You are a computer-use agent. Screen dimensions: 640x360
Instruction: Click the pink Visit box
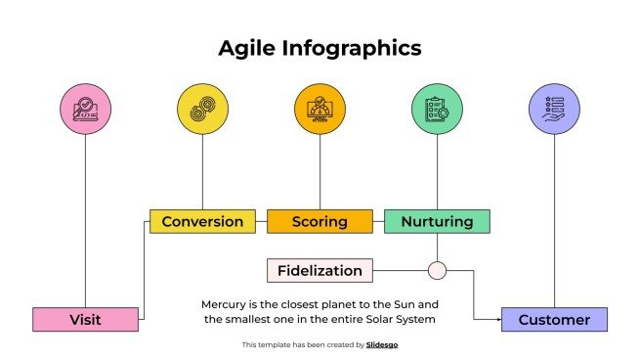[x=85, y=319]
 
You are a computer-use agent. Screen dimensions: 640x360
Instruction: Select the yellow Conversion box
[x=202, y=221]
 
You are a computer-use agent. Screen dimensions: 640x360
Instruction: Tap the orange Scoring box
[x=320, y=221]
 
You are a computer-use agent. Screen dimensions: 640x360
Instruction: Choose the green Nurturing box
[x=437, y=221]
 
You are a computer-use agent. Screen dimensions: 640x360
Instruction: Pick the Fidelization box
[x=319, y=270]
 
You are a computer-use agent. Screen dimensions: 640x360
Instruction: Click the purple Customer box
[x=554, y=319]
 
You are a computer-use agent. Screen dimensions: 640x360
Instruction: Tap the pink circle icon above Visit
[x=85, y=108]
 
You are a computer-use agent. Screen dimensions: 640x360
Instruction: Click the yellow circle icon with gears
[x=202, y=108]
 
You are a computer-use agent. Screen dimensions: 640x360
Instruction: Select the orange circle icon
[x=320, y=108]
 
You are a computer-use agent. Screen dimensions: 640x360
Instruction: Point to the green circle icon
[x=437, y=108]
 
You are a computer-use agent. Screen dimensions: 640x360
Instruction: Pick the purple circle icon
[x=554, y=108]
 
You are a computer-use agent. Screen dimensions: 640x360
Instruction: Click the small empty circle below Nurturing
[x=437, y=270]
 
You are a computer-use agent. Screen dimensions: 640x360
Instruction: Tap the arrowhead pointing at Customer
[x=497, y=319]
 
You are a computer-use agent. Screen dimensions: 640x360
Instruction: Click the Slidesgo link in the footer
[x=382, y=344]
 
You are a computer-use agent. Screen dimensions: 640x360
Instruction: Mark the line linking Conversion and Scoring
[x=261, y=221]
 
